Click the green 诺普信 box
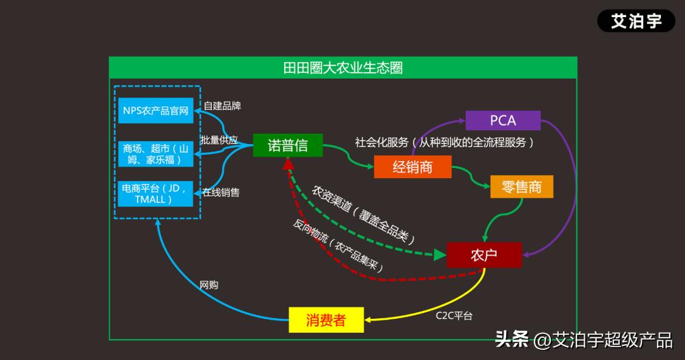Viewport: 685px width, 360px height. pos(287,145)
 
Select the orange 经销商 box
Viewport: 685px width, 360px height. pos(412,167)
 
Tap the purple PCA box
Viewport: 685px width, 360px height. pos(503,120)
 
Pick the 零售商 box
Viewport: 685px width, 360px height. pos(521,187)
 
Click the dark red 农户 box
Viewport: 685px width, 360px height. pos(484,255)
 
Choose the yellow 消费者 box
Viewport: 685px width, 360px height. pos(326,319)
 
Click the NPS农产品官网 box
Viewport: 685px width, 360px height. pos(156,111)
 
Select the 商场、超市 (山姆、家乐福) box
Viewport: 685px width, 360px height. pos(156,154)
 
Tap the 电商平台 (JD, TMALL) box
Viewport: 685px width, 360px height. pos(156,193)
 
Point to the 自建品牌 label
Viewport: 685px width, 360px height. pos(222,106)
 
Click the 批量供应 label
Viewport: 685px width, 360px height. pos(219,139)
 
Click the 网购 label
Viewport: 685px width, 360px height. pos(209,285)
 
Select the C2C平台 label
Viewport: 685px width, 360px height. pos(453,315)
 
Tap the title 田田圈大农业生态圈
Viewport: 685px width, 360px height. pos(342,68)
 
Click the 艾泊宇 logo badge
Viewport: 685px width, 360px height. pos(636,21)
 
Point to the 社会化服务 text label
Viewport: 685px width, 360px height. pos(444,143)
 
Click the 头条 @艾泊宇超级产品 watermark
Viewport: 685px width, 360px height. pos(583,340)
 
